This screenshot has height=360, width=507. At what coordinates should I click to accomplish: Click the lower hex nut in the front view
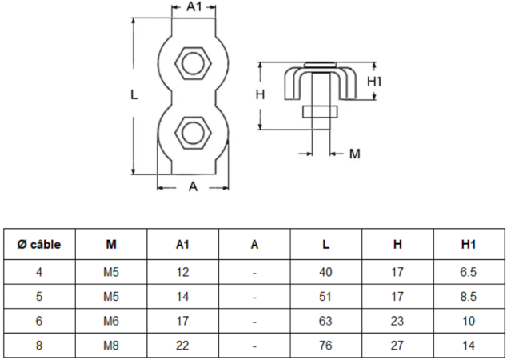pos(193,131)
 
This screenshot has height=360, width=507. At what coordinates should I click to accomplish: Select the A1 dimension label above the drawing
pos(194,7)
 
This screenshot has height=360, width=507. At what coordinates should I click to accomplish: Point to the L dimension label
pos(134,94)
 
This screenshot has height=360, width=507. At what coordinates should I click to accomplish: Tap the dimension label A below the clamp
pos(193,187)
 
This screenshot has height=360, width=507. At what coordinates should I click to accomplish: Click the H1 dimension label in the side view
pos(376,81)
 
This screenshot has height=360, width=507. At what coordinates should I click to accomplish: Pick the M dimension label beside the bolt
pos(355,153)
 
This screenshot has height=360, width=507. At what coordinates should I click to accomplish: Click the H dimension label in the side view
pos(260,94)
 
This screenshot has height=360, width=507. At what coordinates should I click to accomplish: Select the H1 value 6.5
pos(469,272)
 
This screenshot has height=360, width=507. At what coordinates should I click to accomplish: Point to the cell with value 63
pos(325,320)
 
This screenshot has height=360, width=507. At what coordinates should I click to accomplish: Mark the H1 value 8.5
pos(469,296)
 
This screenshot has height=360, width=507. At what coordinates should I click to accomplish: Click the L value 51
pos(325,296)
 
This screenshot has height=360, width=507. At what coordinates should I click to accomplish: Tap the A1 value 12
pos(182,272)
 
